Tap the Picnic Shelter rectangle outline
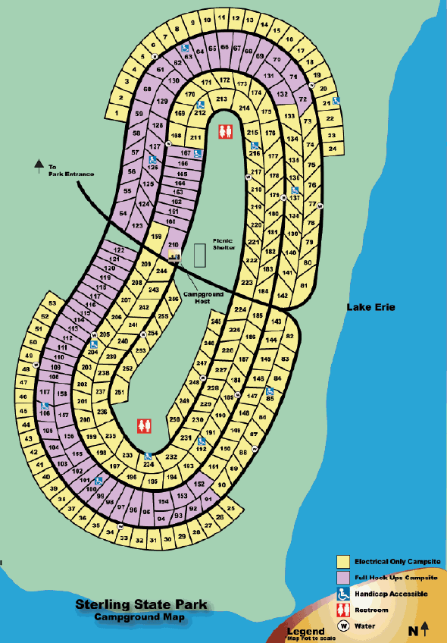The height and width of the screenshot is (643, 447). [199, 255]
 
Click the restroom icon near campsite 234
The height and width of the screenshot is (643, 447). [143, 426]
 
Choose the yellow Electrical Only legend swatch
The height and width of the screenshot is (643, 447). [343, 562]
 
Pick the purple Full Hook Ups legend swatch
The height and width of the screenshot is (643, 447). [343, 578]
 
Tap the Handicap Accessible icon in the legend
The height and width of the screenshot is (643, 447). [343, 594]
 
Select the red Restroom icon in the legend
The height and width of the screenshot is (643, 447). [343, 610]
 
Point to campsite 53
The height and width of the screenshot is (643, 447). [52, 304]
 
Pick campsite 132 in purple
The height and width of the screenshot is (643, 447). [283, 95]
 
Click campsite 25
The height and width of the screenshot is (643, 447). [232, 508]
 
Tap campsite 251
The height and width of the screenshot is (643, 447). [118, 392]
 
